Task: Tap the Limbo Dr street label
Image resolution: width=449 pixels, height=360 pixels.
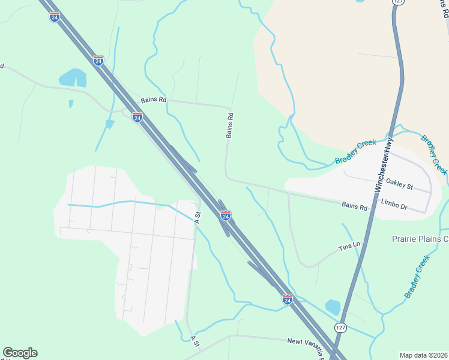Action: pos(394,207)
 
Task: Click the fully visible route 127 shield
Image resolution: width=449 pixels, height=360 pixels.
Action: pos(340,327)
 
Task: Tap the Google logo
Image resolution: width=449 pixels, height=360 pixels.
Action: pos(20,353)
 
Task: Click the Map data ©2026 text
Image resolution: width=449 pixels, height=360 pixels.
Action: pos(424,355)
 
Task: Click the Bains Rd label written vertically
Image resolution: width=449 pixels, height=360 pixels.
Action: pos(229,125)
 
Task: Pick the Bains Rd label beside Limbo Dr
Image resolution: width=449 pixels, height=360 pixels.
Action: pos(354,206)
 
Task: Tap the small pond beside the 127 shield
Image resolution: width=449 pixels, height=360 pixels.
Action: pos(333,307)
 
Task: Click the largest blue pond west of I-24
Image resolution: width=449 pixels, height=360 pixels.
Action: pos(73,78)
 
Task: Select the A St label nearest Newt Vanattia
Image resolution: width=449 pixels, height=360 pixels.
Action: pos(194,341)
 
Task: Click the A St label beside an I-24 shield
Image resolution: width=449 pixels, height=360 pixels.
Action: pos(197,217)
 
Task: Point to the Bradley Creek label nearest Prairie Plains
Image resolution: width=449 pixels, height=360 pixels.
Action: pos(417,277)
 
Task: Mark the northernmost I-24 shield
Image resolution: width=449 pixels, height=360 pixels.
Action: pos(55,16)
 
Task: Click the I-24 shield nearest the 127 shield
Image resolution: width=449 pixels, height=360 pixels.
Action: pos(287,298)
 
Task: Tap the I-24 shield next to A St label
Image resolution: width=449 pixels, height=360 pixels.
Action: pos(226,215)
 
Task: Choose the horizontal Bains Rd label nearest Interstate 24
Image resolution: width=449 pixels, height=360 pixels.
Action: pos(153,100)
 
